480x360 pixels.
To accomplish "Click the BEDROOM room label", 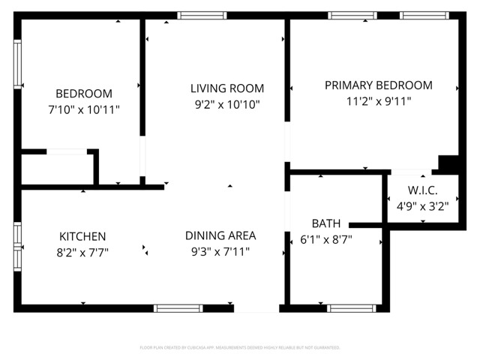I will point(84,94).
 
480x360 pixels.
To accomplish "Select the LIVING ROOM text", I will point(226,88).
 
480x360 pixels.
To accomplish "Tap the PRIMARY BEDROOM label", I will point(378,85).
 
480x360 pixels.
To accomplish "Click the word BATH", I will point(326,223).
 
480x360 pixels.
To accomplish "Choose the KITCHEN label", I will point(83,236).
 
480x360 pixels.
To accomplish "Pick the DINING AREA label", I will point(220,235).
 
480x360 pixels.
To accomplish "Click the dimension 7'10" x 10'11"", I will point(84,109).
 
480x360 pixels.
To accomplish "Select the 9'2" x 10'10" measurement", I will point(226,105).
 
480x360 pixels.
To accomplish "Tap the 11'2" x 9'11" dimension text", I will point(378,101).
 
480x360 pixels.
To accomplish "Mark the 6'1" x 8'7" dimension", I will point(326,240).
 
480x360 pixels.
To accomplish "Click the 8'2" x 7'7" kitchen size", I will point(83,253).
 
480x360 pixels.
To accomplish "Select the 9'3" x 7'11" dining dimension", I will point(220,252).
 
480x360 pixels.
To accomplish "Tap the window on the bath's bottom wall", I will point(352,307).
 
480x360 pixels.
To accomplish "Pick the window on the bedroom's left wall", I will point(18,64).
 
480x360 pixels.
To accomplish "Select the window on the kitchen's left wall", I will point(18,244).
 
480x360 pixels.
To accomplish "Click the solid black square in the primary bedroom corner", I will point(448,164).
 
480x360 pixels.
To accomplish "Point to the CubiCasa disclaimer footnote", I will point(240,347).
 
